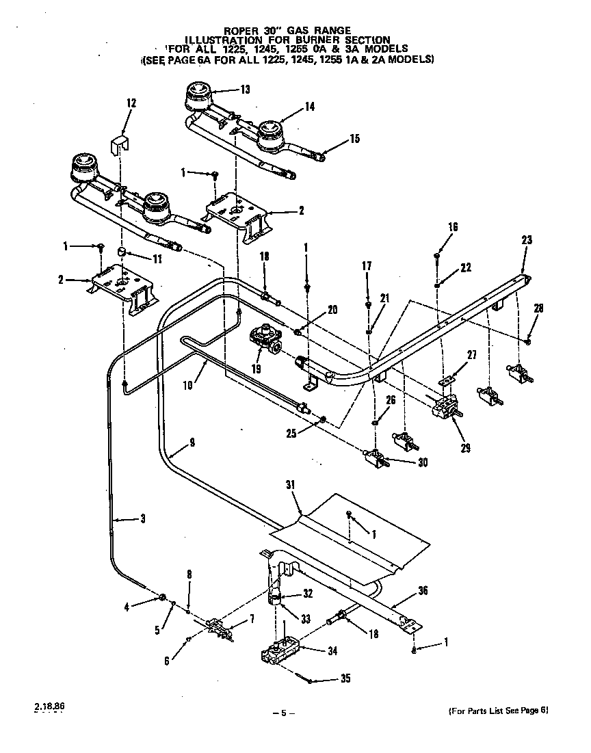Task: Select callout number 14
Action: pos(310,107)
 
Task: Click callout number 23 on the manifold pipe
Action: pos(527,240)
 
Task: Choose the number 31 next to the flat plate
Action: pos(290,485)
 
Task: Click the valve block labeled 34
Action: pos(280,652)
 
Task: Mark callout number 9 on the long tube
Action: pos(192,442)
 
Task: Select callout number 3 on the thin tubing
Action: pos(142,518)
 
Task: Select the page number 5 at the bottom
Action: pos(283,713)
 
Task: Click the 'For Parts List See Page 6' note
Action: pos(498,711)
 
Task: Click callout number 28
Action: pos(538,309)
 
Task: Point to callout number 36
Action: pos(423,592)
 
